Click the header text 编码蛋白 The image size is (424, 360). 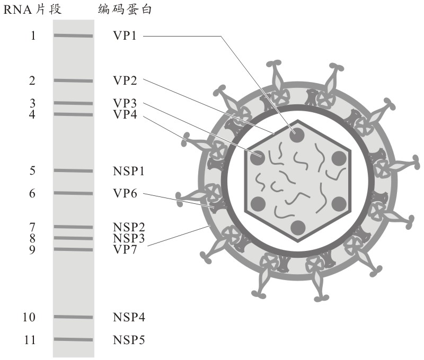[x=126, y=10]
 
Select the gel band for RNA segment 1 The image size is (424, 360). [x=73, y=36]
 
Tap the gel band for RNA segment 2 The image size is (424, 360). [x=73, y=81]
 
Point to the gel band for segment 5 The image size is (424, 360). [x=73, y=171]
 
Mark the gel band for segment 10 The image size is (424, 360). [x=73, y=317]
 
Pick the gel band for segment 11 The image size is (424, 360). [x=73, y=339]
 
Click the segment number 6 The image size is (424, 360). [x=32, y=194]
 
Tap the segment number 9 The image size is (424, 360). [x=32, y=249]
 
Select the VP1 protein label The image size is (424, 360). [x=125, y=36]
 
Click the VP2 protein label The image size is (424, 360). [x=125, y=81]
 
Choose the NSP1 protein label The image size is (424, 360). [x=129, y=171]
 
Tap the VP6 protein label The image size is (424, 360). [x=125, y=194]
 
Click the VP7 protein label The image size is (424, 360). [x=125, y=249]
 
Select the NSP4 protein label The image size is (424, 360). [x=129, y=317]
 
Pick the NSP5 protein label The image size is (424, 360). [x=129, y=339]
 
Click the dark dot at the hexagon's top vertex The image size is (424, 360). [x=297, y=134]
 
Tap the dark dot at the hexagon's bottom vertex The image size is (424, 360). [x=297, y=227]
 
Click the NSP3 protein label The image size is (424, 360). [x=129, y=238]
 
